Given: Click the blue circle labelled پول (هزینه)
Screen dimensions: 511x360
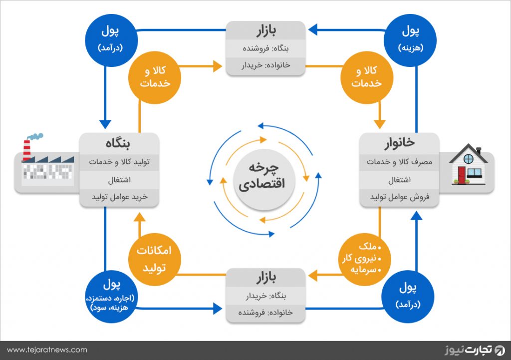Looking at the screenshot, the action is (x=410, y=40).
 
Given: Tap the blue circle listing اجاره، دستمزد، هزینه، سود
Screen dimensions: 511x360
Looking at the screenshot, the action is (x=111, y=297).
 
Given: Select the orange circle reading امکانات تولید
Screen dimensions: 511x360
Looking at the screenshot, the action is (x=155, y=260).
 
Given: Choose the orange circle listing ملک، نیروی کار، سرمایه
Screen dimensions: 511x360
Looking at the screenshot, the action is (x=365, y=260).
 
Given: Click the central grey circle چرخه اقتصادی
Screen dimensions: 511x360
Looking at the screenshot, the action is (x=264, y=180).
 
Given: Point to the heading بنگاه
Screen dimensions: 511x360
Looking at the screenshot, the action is (x=118, y=143).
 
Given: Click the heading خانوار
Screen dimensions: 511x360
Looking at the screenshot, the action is (x=399, y=143).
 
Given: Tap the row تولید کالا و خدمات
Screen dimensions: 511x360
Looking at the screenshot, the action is (x=119, y=162).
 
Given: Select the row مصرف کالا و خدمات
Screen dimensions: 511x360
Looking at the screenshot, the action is (x=399, y=162).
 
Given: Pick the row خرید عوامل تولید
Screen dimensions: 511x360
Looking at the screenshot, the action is (x=119, y=197).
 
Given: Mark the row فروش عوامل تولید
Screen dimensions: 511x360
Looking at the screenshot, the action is (x=399, y=197).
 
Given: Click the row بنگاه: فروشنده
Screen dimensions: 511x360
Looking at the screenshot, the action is (x=265, y=48).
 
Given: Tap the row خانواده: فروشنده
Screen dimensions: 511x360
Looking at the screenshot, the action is (x=265, y=313).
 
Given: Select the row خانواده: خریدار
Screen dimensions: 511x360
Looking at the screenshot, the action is (x=265, y=65).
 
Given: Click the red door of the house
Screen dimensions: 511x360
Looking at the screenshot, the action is (x=462, y=175).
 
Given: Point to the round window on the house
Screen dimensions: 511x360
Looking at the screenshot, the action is (x=468, y=159).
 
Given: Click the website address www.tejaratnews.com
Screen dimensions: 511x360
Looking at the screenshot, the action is (x=47, y=350).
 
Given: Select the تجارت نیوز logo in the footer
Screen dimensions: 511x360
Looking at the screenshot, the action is (x=475, y=350).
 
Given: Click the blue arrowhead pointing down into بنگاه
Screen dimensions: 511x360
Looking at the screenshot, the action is (x=105, y=124).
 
